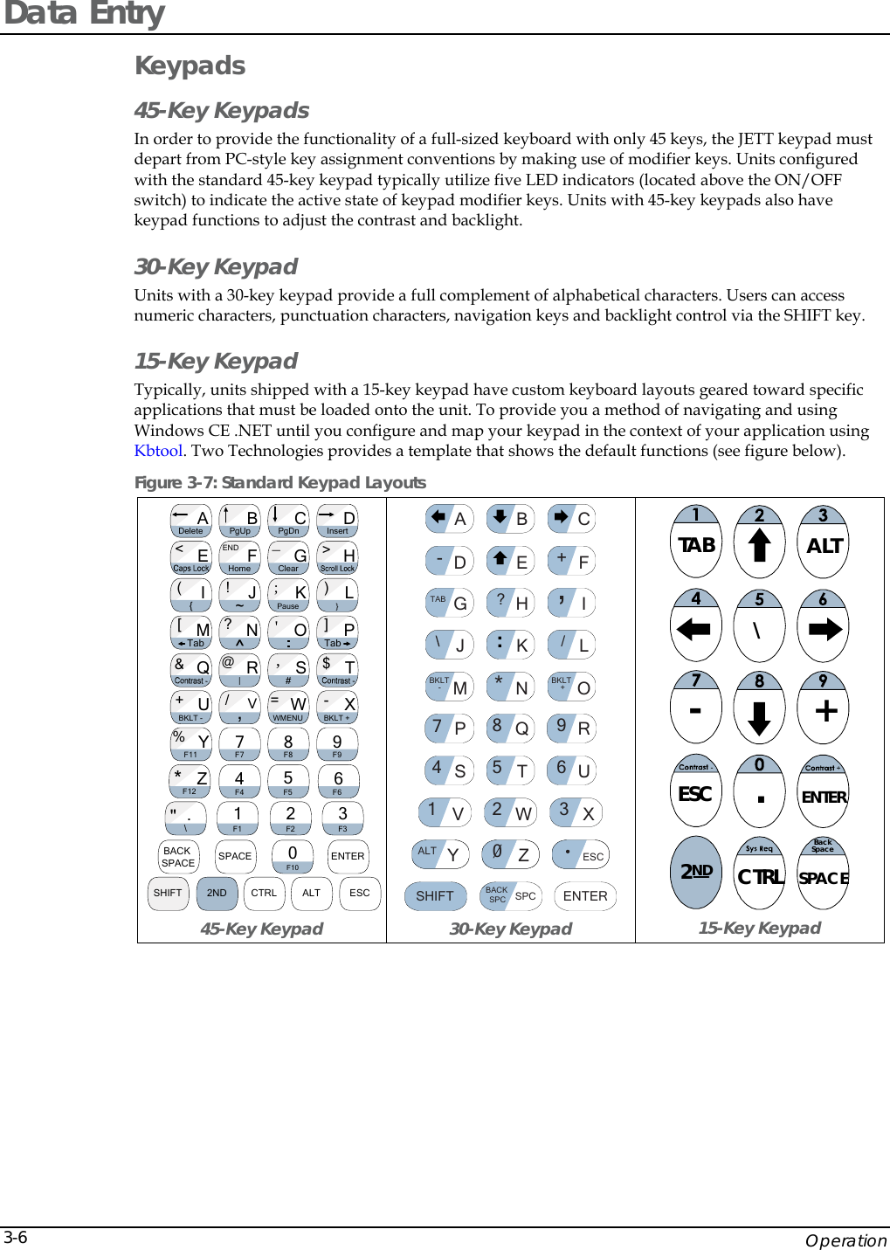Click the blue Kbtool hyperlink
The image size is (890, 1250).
click(x=158, y=451)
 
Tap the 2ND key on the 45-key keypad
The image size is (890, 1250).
click(x=217, y=893)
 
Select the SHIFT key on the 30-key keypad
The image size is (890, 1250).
click(x=434, y=896)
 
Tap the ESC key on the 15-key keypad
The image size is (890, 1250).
click(x=695, y=792)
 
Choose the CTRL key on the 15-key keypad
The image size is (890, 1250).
click(x=760, y=874)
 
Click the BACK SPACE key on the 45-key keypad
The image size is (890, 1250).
click(x=178, y=857)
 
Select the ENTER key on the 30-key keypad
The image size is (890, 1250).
click(x=585, y=896)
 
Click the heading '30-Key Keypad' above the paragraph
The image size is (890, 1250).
click(x=216, y=266)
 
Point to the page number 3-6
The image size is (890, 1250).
click(x=16, y=1238)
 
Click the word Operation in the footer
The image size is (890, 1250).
click(x=845, y=1240)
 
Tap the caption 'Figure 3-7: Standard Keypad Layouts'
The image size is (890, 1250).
click(x=279, y=482)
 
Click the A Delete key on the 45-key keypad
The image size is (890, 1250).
click(x=191, y=521)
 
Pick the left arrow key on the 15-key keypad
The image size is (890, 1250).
click(x=696, y=626)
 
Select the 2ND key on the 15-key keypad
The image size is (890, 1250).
click(x=696, y=872)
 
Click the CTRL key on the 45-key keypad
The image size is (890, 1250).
click(x=264, y=893)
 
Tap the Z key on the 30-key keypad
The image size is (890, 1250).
click(x=511, y=854)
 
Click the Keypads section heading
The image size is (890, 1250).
click(x=190, y=66)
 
